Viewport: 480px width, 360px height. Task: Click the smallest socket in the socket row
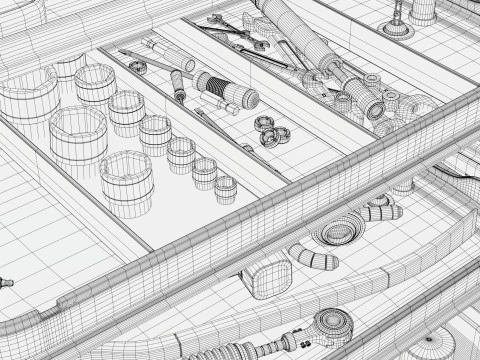click(225, 186)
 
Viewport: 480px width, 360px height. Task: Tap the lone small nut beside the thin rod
click(139, 67)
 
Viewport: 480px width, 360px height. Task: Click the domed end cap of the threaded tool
click(249, 97)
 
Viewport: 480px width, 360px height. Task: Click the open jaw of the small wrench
click(214, 20)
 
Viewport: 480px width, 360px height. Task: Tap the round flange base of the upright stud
click(397, 30)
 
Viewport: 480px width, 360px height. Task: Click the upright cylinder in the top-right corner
click(424, 10)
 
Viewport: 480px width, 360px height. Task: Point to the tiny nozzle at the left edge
click(7, 284)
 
